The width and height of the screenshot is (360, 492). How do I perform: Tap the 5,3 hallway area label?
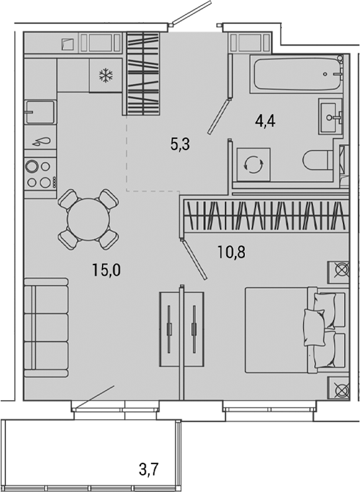pyautogui.click(x=180, y=144)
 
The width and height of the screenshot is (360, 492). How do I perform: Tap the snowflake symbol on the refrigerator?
pyautogui.click(x=105, y=76)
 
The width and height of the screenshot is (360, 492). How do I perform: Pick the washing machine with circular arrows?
pyautogui.click(x=254, y=163)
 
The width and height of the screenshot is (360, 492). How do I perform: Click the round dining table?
pyautogui.click(x=89, y=218)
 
